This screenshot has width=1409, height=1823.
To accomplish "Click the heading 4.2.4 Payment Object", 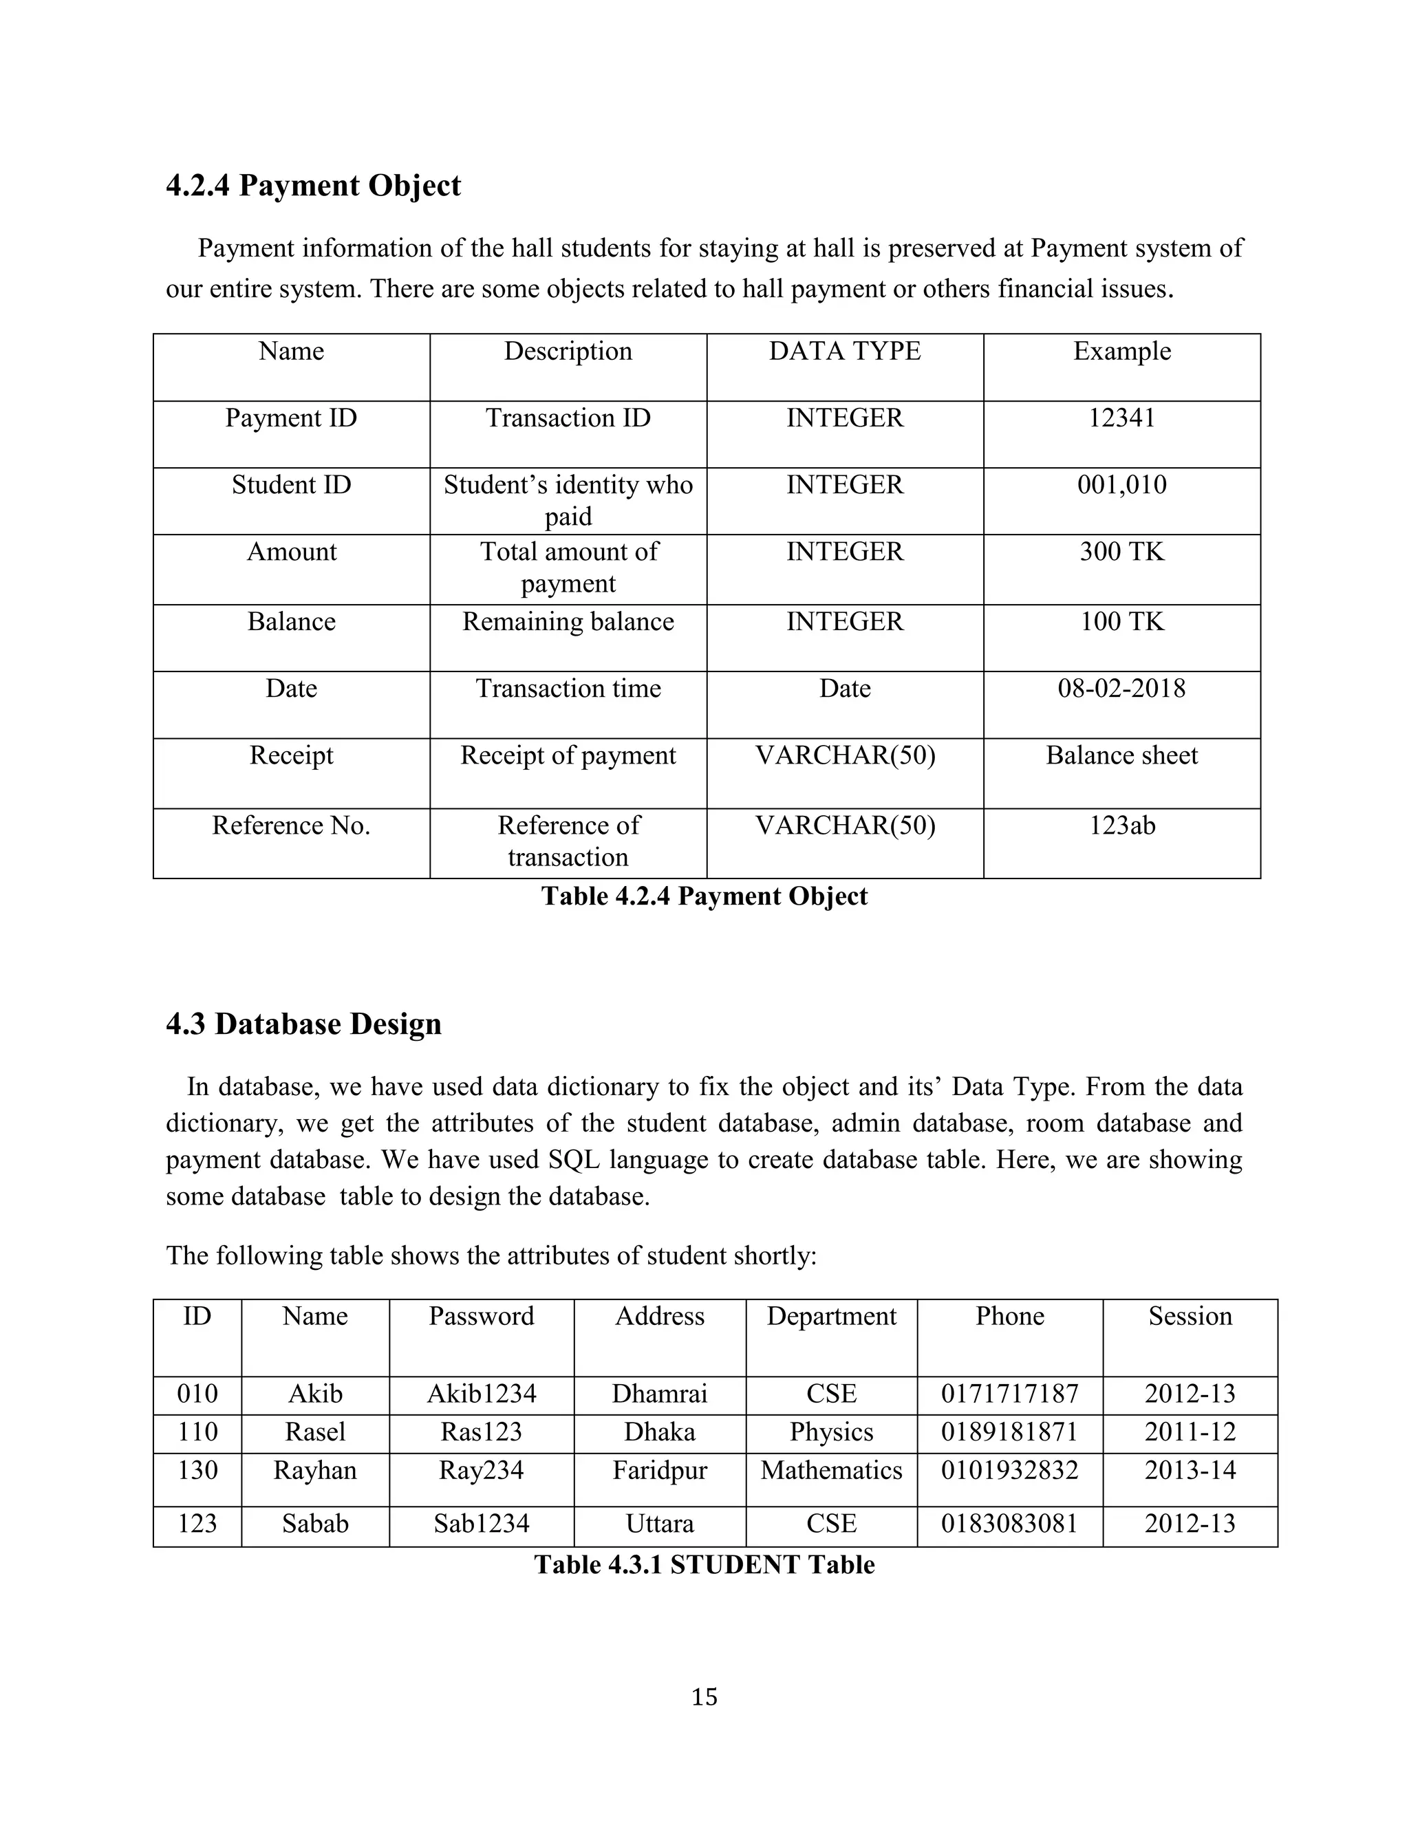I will [x=313, y=185].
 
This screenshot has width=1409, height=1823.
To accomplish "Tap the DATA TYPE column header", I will [x=844, y=352].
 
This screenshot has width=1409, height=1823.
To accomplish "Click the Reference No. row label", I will [x=290, y=826].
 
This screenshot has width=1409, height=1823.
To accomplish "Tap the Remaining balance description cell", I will [x=568, y=622].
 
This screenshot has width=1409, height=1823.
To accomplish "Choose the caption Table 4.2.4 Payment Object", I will [x=704, y=896].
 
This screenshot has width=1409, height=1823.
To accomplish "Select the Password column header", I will [x=481, y=1316].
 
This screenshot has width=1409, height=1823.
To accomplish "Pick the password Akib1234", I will [x=481, y=1394].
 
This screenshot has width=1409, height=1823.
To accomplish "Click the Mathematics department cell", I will [x=830, y=1471].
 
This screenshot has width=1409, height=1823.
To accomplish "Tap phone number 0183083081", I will [x=1009, y=1524].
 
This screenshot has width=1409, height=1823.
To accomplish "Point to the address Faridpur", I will [x=659, y=1471].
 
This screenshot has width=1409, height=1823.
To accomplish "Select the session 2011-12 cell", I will [x=1190, y=1432].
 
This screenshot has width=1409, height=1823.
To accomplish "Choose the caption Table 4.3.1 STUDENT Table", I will [x=704, y=1565].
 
